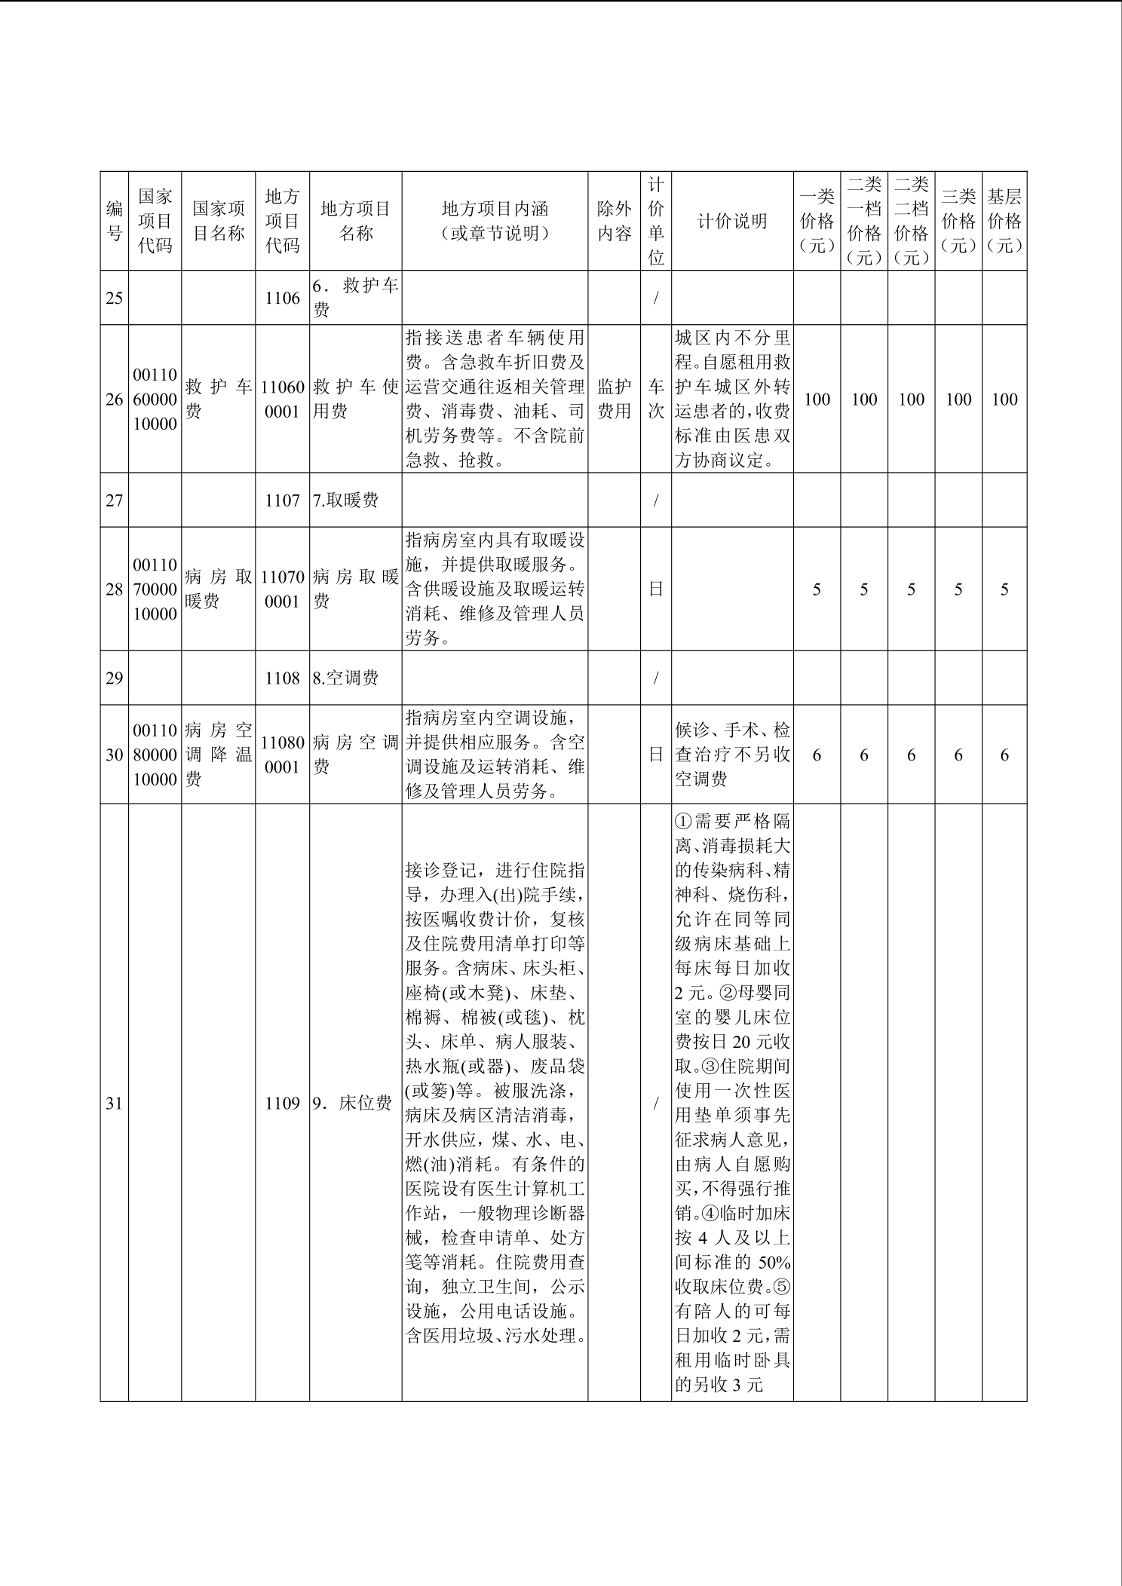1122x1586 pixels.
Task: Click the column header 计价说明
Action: click(x=731, y=221)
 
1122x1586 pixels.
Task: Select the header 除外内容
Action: click(x=614, y=221)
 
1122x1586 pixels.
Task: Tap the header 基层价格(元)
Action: click(x=1004, y=221)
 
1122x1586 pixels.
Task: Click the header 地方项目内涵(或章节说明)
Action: click(x=495, y=221)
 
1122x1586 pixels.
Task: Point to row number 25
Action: click(x=114, y=298)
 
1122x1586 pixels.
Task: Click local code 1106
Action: click(x=282, y=298)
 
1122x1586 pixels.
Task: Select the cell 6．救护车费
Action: click(x=355, y=298)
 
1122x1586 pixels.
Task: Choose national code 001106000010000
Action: click(x=155, y=399)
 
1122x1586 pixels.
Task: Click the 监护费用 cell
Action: click(x=614, y=399)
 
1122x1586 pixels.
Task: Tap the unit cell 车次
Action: click(x=656, y=399)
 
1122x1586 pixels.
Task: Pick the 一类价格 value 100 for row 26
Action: click(x=817, y=399)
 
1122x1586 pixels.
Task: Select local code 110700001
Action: click(x=282, y=589)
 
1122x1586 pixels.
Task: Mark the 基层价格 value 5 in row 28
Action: click(x=1004, y=589)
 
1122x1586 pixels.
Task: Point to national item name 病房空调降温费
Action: click(x=218, y=755)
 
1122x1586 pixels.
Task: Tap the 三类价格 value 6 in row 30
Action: click(x=958, y=755)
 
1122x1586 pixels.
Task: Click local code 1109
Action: click(x=282, y=1104)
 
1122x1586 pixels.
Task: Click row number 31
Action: click(x=114, y=1104)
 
